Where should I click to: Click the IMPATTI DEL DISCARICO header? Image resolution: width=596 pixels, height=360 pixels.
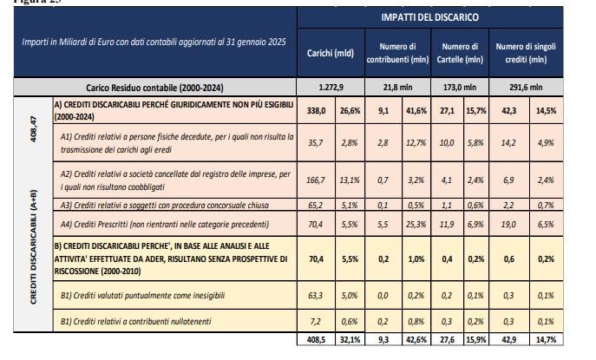coord(430,17)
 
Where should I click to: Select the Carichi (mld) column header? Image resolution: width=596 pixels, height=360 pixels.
coord(331,53)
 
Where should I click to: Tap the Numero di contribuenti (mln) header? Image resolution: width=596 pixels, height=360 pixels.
coord(397,53)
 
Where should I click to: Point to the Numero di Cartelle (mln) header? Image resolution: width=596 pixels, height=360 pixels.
coord(460,53)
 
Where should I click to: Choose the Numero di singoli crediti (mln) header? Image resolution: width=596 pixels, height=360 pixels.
coord(526,53)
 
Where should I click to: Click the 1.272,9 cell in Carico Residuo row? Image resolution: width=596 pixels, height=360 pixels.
coord(331,88)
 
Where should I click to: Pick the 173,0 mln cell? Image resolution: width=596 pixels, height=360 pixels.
coord(460,88)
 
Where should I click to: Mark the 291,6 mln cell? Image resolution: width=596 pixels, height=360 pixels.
coord(526,88)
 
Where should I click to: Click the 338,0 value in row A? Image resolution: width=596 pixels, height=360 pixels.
coord(317,111)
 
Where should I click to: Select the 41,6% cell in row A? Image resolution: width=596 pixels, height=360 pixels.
coord(416,111)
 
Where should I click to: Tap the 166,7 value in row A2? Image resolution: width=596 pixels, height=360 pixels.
coord(316,180)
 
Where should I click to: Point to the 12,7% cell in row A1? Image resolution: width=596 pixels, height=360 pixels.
coord(416,143)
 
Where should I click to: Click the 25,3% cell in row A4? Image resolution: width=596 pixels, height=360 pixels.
coord(416,225)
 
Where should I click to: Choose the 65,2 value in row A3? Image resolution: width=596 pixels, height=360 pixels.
coord(316,206)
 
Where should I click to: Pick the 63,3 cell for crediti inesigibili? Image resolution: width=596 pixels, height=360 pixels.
coord(316,296)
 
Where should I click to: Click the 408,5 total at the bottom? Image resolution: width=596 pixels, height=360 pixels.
coord(317,340)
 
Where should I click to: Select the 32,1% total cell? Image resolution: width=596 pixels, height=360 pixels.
coord(350,340)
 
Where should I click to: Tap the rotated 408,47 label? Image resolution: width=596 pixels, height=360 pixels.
coord(34,129)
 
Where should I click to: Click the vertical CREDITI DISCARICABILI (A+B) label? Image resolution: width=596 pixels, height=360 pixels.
coord(34,247)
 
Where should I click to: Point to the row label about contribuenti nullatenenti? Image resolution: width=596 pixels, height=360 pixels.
coord(135,322)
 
